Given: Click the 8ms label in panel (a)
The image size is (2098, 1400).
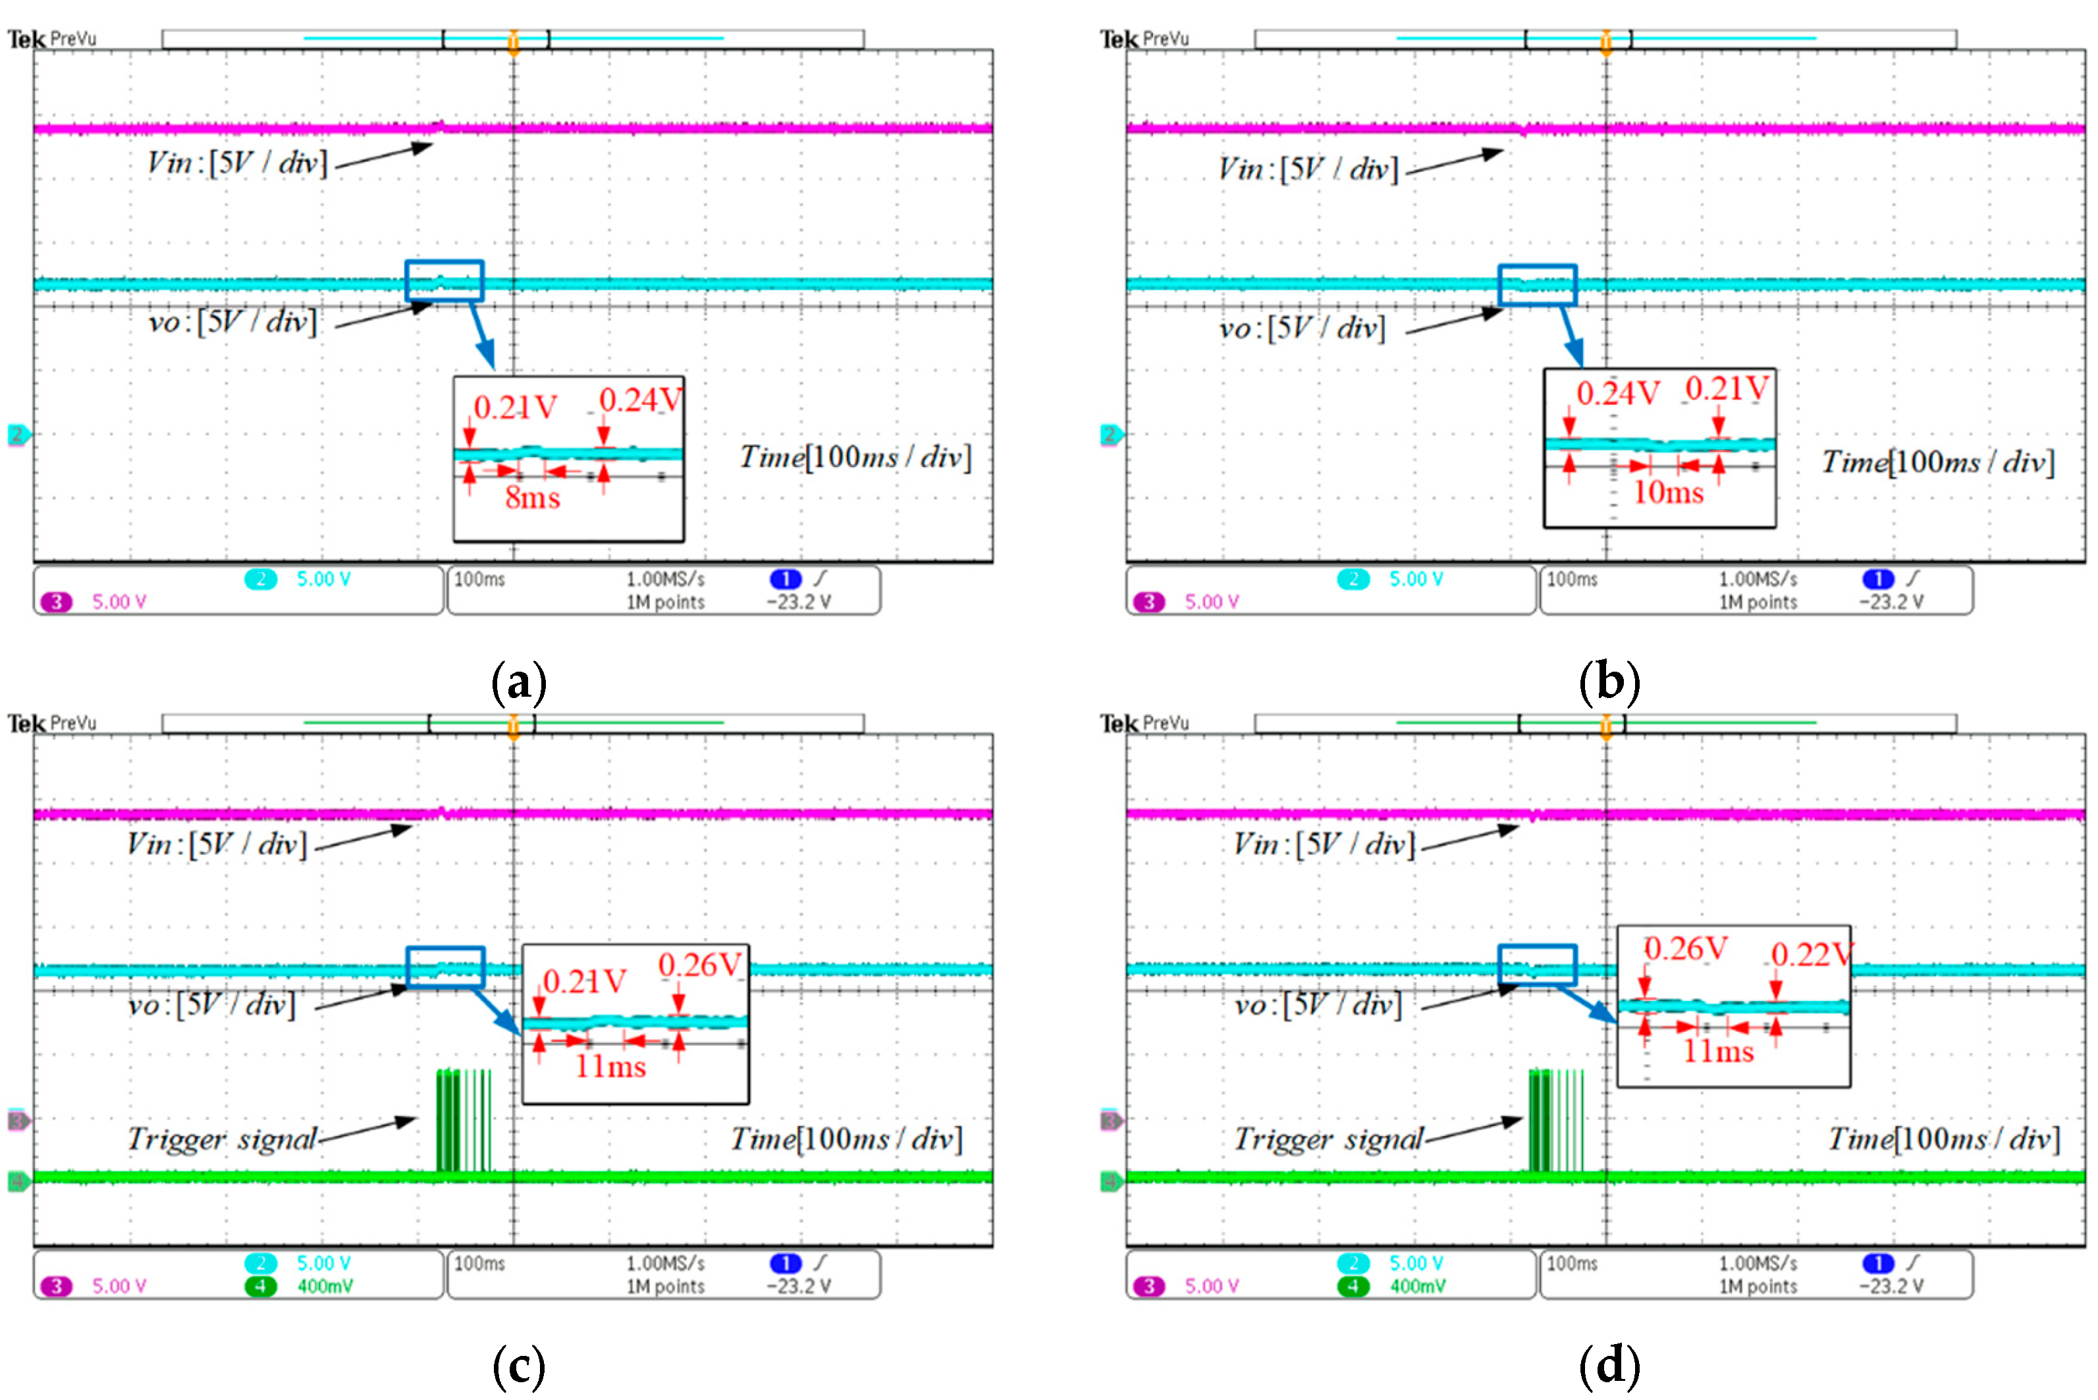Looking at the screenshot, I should click(532, 497).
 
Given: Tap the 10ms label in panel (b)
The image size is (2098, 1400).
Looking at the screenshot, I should click(1668, 492).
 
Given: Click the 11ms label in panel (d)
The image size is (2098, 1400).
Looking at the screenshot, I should click(1717, 1051).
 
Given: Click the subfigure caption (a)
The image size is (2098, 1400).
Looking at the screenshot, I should click(519, 682).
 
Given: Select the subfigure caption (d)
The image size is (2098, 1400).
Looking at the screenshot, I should click(1609, 1365).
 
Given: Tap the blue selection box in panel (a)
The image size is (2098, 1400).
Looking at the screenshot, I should click(444, 281).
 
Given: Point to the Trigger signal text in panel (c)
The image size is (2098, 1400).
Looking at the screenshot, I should click(223, 1139).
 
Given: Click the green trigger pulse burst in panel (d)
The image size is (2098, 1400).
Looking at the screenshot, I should click(1554, 1121).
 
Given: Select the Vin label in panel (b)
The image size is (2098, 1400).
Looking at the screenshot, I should click(1308, 169).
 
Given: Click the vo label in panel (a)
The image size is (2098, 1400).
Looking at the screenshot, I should click(232, 321).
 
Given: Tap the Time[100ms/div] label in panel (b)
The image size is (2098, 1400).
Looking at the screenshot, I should click(1937, 462).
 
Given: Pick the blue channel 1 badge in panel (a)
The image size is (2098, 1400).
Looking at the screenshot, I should click(786, 579).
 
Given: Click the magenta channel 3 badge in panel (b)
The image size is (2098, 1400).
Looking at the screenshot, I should click(1149, 602).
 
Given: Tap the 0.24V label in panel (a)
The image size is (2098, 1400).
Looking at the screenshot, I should click(640, 400).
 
